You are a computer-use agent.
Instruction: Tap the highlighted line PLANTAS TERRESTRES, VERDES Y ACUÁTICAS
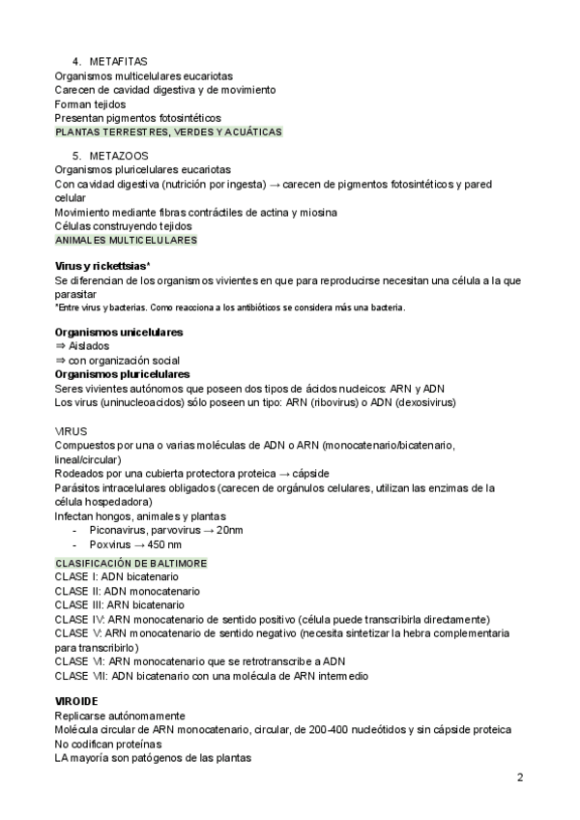coord(169,132)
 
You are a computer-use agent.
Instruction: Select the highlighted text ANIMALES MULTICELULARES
coord(126,240)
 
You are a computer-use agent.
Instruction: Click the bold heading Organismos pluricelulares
coord(122,374)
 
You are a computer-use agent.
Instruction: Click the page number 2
coord(519,777)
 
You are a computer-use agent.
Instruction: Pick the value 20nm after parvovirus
coord(230,531)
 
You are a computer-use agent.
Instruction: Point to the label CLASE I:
coord(76,576)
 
